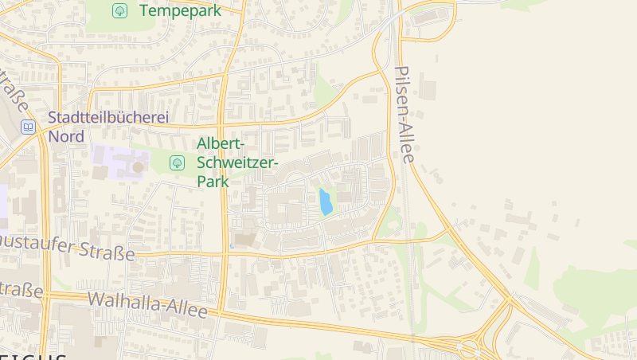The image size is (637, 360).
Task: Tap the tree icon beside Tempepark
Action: point(119,10)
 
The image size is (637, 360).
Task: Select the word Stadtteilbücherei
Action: point(109,118)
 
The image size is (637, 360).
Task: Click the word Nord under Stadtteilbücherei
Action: point(66,136)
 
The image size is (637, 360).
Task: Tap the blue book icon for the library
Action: point(29,127)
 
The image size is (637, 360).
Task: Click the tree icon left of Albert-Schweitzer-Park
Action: point(178,162)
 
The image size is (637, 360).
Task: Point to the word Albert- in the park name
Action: point(222,144)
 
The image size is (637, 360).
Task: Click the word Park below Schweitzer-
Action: point(213,182)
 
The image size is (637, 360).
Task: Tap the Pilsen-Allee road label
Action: point(405,115)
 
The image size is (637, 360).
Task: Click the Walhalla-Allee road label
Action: point(147,305)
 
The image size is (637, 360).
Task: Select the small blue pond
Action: point(325,202)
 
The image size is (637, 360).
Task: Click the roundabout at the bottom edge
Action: point(468,348)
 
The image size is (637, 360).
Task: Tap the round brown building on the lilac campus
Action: point(138,167)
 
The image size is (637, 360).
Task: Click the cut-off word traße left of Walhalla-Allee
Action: point(21,290)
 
